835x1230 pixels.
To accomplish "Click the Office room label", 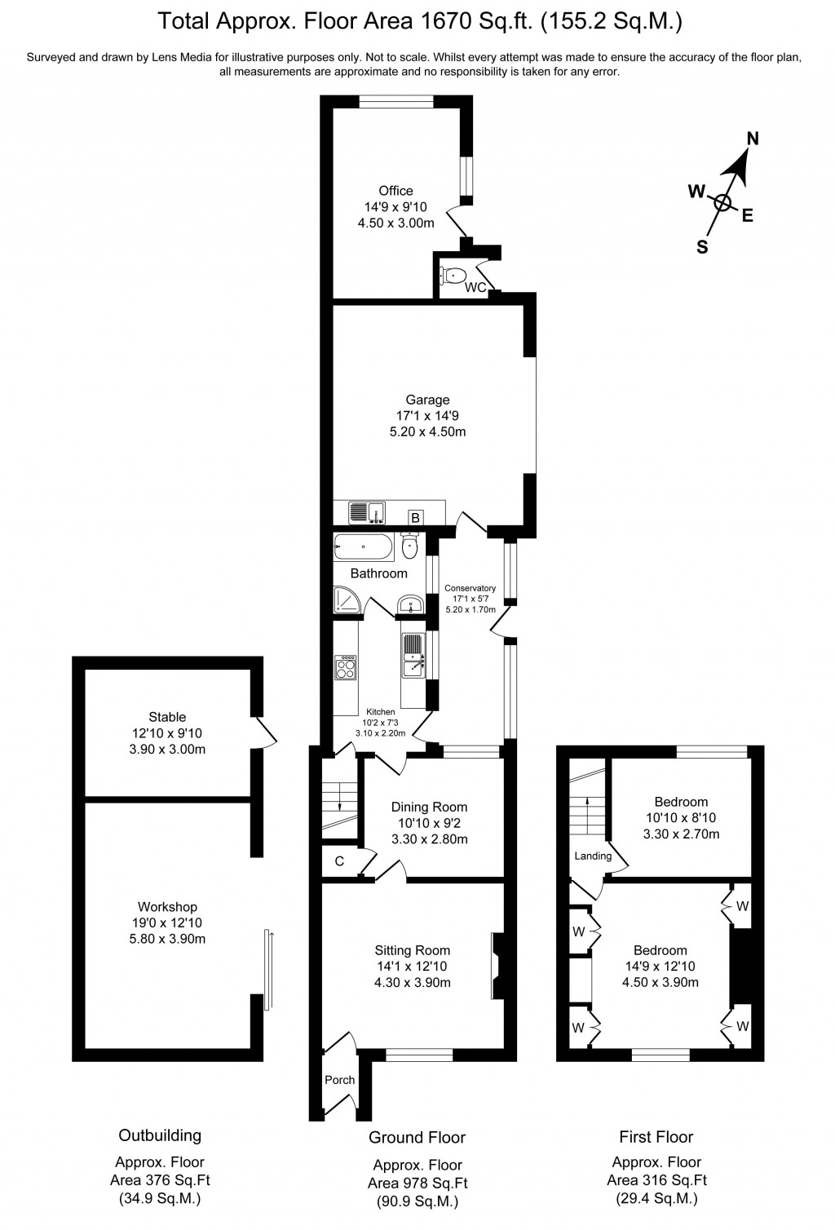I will (x=395, y=191).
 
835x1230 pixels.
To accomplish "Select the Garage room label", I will (x=427, y=400).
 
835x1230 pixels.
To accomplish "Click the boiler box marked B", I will (x=415, y=517).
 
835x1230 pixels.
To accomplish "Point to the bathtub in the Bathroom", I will (x=364, y=547).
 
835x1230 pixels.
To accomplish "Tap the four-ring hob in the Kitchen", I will (x=346, y=668).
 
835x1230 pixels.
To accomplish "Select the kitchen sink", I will (x=413, y=657).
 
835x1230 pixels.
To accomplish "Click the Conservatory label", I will (x=470, y=588).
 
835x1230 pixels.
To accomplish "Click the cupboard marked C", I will (x=339, y=861).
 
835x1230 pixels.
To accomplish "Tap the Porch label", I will (x=340, y=1080).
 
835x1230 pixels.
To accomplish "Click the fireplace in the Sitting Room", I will (x=498, y=966).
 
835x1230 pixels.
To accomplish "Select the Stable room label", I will (x=167, y=717).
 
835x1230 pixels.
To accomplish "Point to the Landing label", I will (x=593, y=856).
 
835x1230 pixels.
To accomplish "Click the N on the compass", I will (x=753, y=139).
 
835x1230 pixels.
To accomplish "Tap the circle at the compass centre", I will (x=723, y=203).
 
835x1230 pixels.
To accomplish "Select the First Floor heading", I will (x=656, y=1137).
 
